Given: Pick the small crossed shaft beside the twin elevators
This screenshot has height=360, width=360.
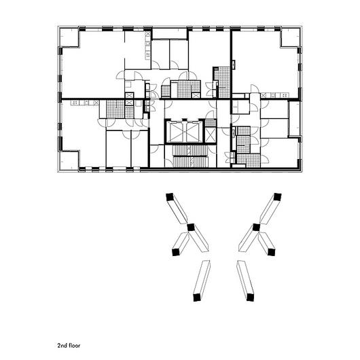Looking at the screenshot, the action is point(211,135).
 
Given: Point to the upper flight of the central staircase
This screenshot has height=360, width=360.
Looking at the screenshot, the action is point(190,150).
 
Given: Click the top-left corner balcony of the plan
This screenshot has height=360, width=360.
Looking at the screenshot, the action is point(69,37).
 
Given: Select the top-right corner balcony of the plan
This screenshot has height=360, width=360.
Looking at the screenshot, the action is point(291,37).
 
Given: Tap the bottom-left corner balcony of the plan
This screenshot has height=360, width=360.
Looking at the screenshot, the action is point(69,160).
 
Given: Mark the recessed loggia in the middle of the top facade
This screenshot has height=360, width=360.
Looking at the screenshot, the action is point(169,34).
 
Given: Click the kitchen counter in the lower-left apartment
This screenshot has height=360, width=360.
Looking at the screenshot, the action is point(85,103).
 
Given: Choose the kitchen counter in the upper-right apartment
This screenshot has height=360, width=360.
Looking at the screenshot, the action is point(274,95).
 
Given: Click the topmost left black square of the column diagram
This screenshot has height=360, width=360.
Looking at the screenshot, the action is point(169,197).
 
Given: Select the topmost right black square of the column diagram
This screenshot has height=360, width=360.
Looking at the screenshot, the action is point(278,197).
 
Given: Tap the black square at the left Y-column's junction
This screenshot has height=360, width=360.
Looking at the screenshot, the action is point(191,228).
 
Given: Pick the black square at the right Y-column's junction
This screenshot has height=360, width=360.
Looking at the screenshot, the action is point(256,228).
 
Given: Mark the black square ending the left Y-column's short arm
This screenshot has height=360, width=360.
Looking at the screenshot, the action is point(176,252).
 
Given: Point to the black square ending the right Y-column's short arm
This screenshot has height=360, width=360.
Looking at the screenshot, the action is point(272,252).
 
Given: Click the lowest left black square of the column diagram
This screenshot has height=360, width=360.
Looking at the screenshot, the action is point(197,298).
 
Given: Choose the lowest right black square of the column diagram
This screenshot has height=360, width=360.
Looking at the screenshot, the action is point(250,298).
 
